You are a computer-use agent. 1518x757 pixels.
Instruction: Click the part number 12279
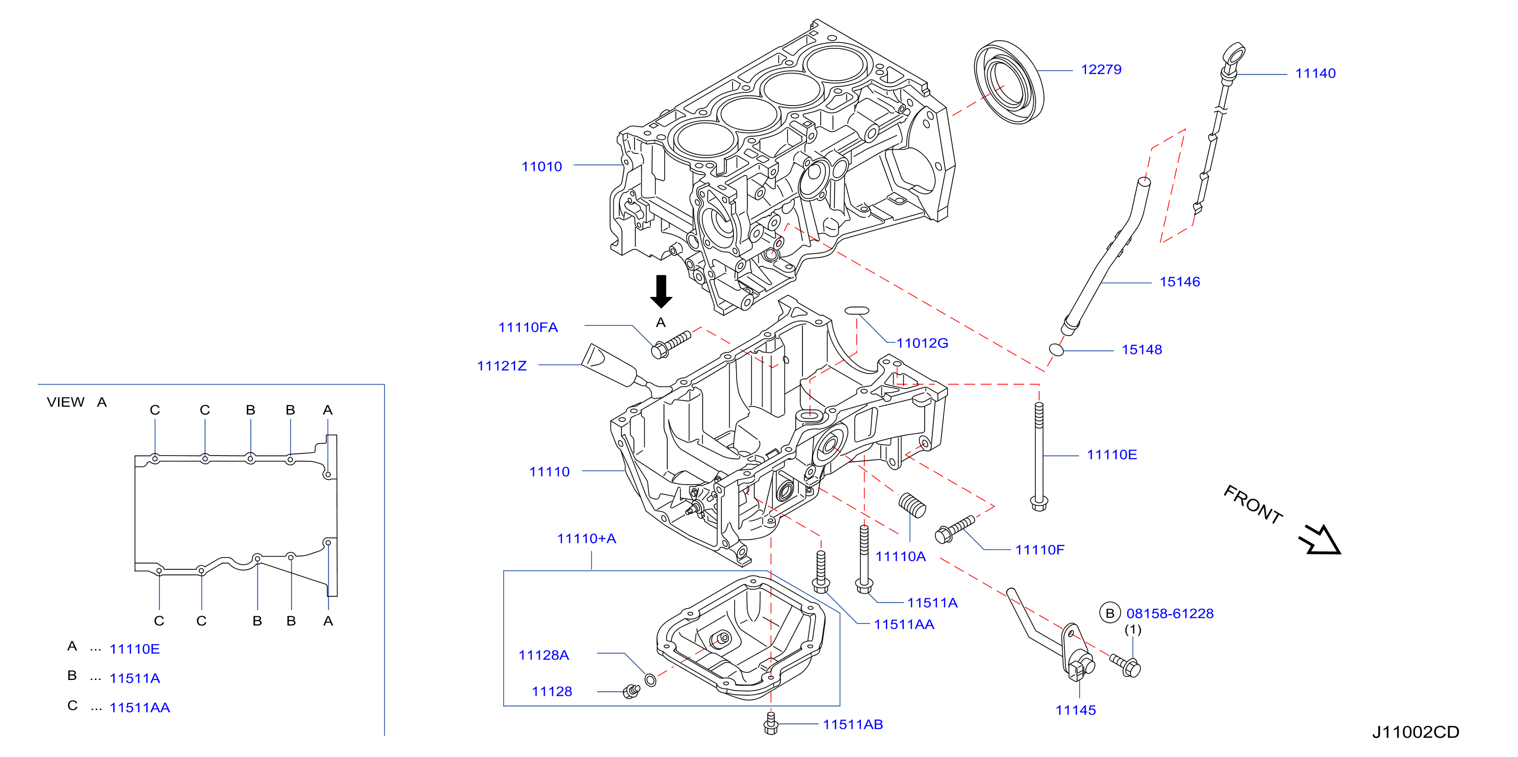click(1101, 69)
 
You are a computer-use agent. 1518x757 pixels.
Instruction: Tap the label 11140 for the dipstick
click(1315, 73)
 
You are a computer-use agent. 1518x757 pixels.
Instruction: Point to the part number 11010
click(541, 167)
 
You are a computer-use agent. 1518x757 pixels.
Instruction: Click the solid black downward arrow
click(661, 291)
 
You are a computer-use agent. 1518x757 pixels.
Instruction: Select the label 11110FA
click(528, 328)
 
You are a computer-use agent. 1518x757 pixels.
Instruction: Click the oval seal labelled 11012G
click(856, 311)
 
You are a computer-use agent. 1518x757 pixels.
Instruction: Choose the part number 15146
click(1180, 282)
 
